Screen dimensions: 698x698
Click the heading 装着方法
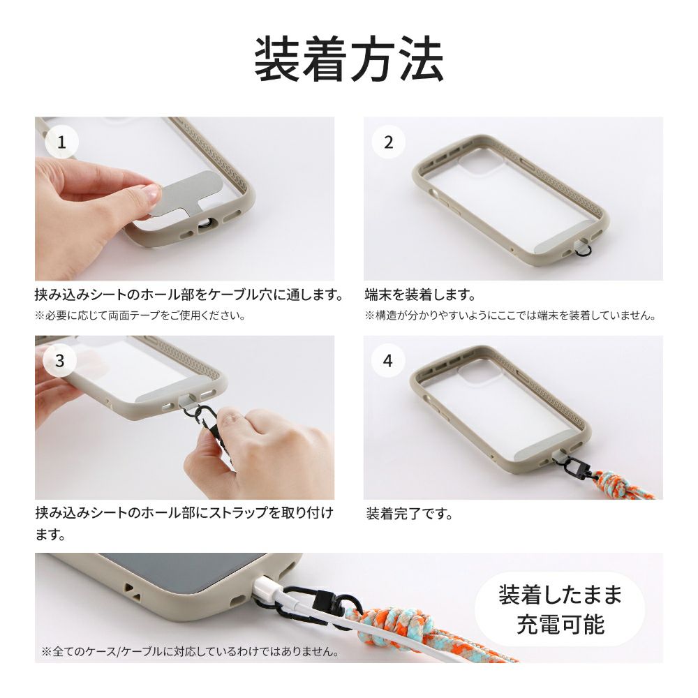coord(349,59)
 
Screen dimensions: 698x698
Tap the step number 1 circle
coord(62,142)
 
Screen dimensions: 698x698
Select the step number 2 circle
coord(389,142)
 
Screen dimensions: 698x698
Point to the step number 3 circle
coord(60,361)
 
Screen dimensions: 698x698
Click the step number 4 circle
coord(387,361)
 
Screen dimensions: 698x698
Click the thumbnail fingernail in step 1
coord(152,193)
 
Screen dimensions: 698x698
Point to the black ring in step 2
coord(583,253)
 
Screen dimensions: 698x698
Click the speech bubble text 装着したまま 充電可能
coord(560,609)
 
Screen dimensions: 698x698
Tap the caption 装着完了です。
coord(409,514)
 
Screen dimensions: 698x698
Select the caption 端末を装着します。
coord(420,295)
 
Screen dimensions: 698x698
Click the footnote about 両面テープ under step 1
coord(140,315)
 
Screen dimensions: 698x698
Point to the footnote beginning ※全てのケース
coord(190,651)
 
